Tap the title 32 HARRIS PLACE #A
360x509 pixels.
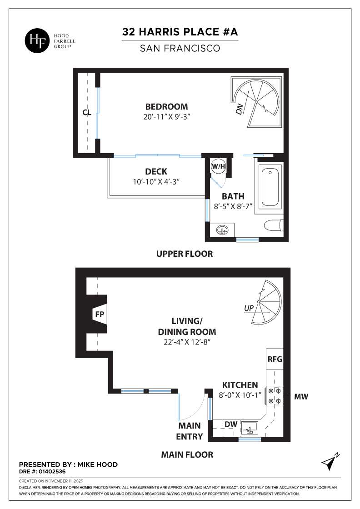pyautogui.click(x=180, y=32)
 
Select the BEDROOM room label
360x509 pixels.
pyautogui.click(x=166, y=107)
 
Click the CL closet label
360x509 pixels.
pyautogui.click(x=87, y=112)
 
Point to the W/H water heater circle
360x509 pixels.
pyautogui.click(x=218, y=167)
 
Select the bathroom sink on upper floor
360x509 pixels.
pyautogui.click(x=222, y=230)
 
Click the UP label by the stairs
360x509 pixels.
pyautogui.click(x=249, y=308)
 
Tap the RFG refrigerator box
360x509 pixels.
pyautogui.click(x=275, y=359)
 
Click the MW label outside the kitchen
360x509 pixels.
pyautogui.click(x=301, y=397)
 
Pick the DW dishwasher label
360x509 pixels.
pyautogui.click(x=231, y=424)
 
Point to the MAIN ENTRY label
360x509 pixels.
pyautogui.click(x=190, y=431)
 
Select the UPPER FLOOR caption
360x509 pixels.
pyautogui.click(x=184, y=254)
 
